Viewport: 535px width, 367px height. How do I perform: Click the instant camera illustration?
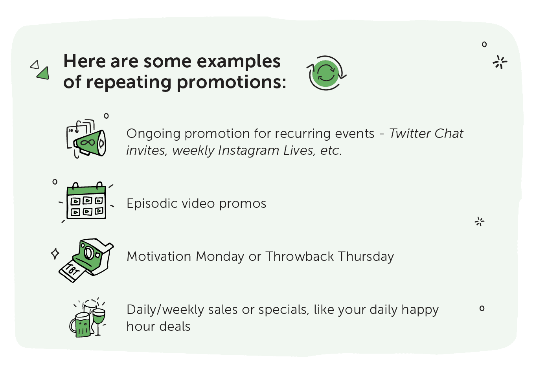[93, 257]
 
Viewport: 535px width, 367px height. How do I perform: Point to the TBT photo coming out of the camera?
[72, 272]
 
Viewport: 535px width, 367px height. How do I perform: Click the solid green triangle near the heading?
[43, 73]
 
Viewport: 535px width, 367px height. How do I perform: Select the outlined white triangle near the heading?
[35, 65]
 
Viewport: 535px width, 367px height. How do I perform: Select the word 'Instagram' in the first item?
[249, 150]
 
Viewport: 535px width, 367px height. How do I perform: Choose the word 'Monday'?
[219, 257]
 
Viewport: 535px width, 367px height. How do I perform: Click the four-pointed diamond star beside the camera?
[55, 254]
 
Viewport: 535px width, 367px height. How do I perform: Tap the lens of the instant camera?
[88, 253]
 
